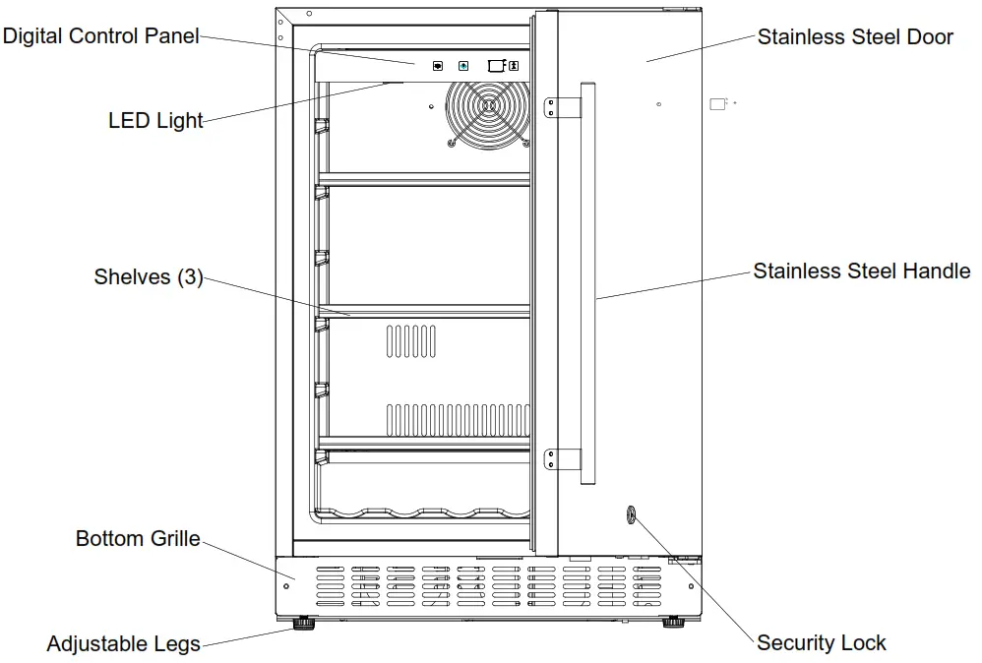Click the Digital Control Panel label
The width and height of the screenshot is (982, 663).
coord(100,36)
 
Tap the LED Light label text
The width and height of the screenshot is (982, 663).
coord(155,121)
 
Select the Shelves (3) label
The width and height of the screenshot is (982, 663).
coord(149,277)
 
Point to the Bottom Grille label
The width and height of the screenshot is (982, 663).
coord(138,539)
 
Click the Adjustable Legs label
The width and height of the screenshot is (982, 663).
coord(123,645)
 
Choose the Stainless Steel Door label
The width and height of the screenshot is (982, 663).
coord(854,37)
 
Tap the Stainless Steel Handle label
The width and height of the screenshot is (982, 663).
coord(861,271)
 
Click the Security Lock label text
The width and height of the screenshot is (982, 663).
coord(821,643)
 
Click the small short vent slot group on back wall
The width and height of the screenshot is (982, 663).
coord(410,340)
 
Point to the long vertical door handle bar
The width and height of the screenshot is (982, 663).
coord(588,285)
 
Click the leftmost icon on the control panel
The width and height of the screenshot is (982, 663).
coord(437,66)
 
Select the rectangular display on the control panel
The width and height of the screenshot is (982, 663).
coord(497,66)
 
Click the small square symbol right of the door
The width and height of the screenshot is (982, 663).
coord(716,102)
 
